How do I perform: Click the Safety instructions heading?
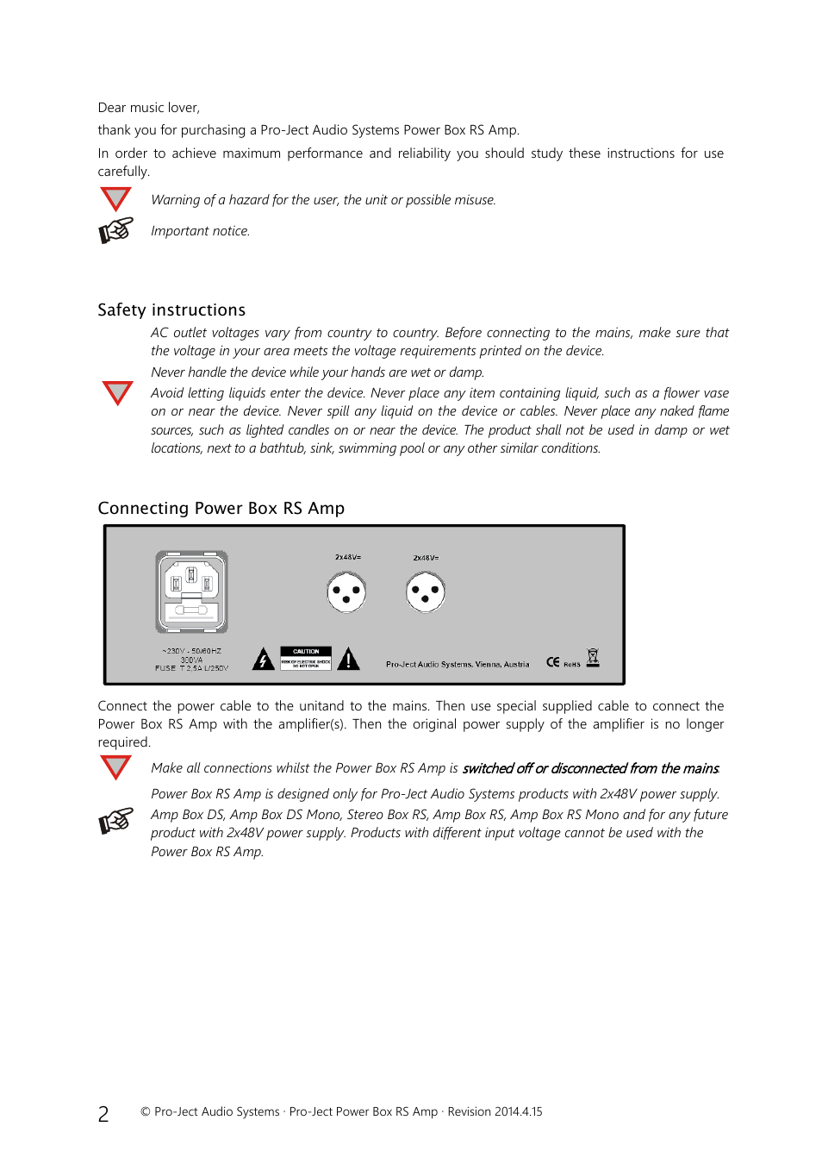(x=171, y=310)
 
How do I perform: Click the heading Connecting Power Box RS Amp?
(x=221, y=509)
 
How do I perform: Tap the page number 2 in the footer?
(x=103, y=1114)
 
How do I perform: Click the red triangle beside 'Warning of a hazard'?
(x=115, y=198)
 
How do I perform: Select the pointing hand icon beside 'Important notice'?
(x=116, y=230)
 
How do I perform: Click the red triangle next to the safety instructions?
(x=117, y=392)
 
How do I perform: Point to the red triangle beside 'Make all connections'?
(x=115, y=767)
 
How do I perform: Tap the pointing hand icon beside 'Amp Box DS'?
(x=116, y=821)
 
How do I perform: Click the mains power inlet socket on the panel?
(x=191, y=591)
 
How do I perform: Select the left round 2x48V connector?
(x=346, y=592)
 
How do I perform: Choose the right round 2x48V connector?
(x=426, y=593)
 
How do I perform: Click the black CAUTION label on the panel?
(x=306, y=658)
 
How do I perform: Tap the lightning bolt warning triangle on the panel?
(x=264, y=660)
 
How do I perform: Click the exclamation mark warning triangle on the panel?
(x=348, y=660)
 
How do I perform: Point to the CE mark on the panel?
(x=552, y=662)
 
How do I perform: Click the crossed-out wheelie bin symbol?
(x=593, y=658)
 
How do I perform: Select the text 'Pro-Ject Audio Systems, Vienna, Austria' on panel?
(x=458, y=664)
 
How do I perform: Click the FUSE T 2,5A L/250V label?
(x=191, y=668)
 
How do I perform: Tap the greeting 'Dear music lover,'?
(x=149, y=108)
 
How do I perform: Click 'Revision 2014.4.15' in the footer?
(x=495, y=1112)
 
